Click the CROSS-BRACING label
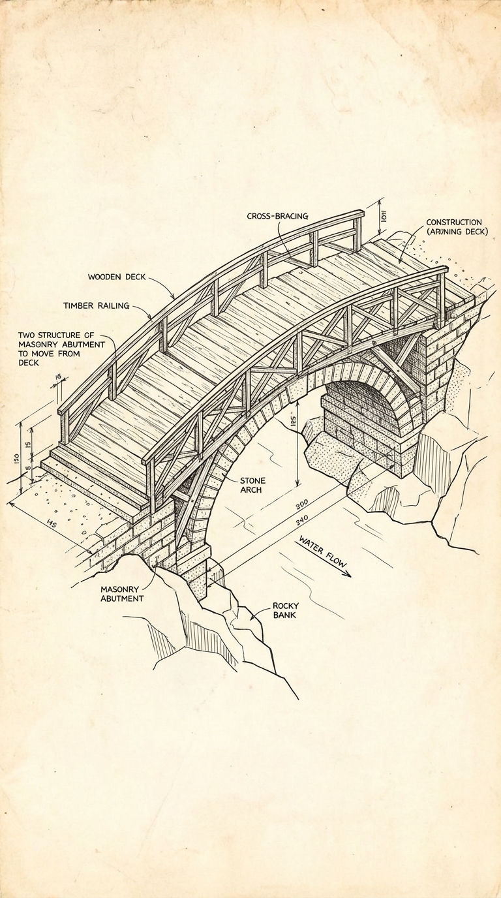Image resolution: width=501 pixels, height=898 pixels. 277,216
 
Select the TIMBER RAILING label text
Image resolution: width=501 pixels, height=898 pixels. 96,305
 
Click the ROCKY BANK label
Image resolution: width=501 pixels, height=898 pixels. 286,610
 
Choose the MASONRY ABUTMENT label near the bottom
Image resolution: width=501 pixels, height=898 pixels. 122,593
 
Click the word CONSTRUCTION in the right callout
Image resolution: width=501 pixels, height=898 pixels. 454,223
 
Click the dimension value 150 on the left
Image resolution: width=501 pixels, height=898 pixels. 16,459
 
